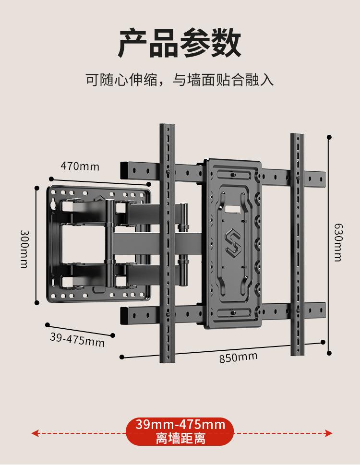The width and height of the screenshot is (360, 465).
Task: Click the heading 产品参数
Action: click(x=180, y=43)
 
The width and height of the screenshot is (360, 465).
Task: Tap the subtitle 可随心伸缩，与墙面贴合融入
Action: click(x=180, y=79)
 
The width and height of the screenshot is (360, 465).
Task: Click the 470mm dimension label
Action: click(x=80, y=166)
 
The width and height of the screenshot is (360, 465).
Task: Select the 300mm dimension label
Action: click(x=24, y=249)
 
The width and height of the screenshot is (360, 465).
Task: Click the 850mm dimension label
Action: click(x=238, y=358)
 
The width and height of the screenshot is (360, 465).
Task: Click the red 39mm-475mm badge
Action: click(x=180, y=425)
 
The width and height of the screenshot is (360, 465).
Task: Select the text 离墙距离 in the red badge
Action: click(x=180, y=438)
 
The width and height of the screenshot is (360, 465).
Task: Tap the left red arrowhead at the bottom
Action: click(x=35, y=433)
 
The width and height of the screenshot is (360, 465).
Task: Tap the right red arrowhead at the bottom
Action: click(x=329, y=433)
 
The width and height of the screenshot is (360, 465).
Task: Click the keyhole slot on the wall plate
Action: click(x=53, y=204)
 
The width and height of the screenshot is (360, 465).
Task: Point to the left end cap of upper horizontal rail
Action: click(x=124, y=168)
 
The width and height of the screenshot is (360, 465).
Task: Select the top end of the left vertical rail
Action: click(x=168, y=128)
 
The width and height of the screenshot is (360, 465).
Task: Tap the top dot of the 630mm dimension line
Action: click(x=329, y=137)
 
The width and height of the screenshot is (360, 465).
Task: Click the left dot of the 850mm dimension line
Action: click(x=122, y=357)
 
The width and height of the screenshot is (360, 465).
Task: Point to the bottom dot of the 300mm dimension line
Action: click(x=36, y=302)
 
